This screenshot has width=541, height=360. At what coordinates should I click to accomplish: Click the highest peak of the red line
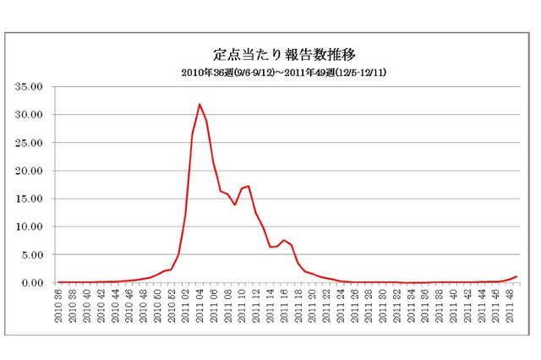coord(199,105)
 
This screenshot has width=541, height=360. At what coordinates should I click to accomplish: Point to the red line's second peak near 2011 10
coord(249,186)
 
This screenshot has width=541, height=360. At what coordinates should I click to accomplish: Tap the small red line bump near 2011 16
coord(284,240)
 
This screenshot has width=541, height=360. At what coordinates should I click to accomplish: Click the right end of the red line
coord(516,276)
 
